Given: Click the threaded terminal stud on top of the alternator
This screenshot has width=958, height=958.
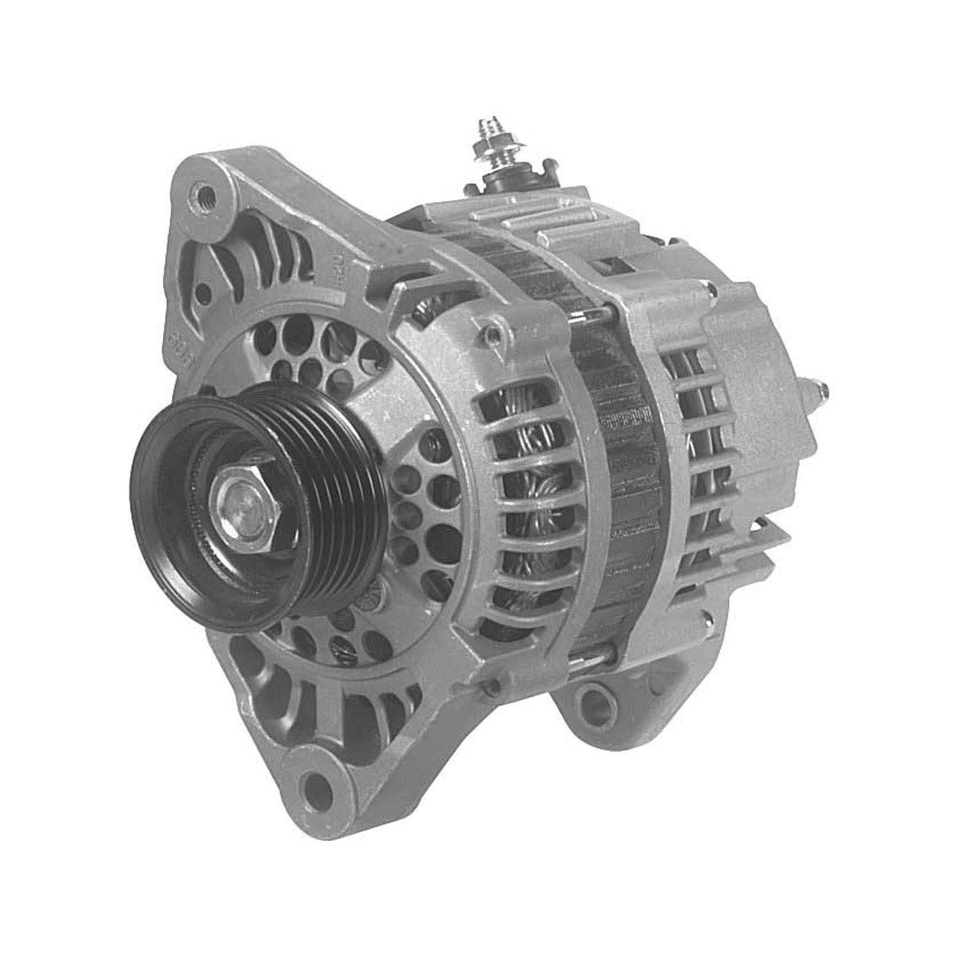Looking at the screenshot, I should [x=489, y=144].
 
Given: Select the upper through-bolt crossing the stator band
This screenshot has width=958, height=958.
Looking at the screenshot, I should [x=597, y=312].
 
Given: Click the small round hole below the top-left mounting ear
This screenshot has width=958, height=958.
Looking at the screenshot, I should [x=203, y=294].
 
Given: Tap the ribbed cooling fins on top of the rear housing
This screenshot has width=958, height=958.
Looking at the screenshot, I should [x=543, y=217].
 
